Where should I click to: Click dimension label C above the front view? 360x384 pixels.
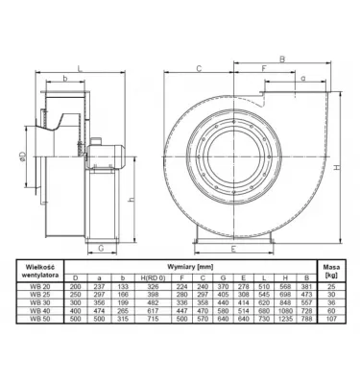pos(197,68)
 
